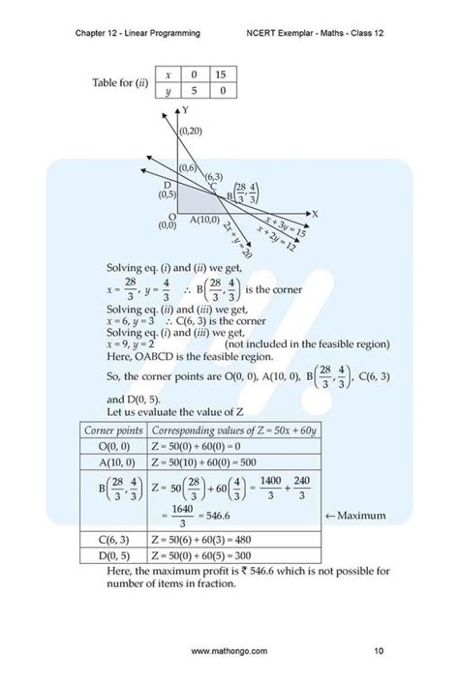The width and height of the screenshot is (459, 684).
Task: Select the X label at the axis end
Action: tap(315, 214)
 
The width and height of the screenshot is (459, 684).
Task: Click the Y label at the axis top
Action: tap(184, 111)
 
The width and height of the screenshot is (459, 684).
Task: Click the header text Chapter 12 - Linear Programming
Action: tap(138, 33)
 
